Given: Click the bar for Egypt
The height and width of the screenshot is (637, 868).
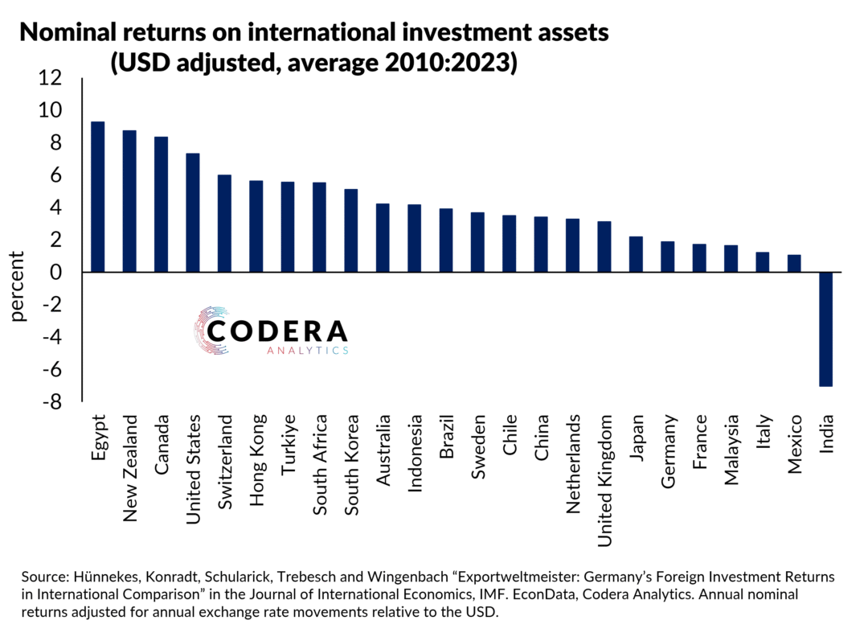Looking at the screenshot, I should [97, 196].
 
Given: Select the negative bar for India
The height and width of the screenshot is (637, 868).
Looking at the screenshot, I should [826, 329].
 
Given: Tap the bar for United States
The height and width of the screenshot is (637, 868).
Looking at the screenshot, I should [192, 212].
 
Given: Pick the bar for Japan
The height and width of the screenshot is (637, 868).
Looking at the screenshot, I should [636, 254].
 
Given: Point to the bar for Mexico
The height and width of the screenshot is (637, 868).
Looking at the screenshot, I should [794, 264].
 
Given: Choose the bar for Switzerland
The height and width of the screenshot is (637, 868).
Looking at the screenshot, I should [224, 224].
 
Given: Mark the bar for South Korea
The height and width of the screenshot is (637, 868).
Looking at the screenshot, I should [350, 231].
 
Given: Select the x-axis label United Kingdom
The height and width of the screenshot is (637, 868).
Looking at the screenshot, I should [604, 481].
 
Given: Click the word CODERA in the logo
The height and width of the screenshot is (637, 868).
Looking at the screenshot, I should [277, 331].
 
